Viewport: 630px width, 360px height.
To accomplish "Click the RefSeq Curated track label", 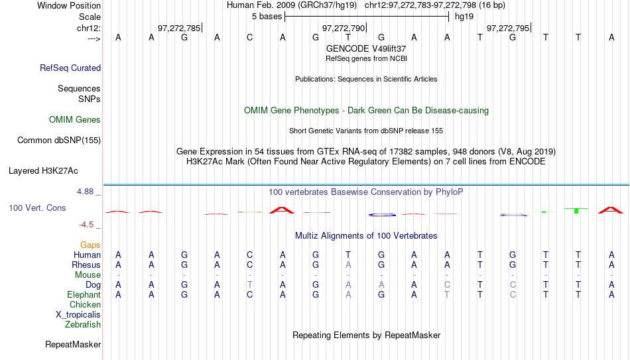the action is coord(70,68).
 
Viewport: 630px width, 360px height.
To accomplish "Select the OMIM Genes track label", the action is coord(75,120).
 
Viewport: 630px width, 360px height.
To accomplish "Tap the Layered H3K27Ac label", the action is coord(43,171).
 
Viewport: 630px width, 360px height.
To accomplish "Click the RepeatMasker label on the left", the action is coord(73,344).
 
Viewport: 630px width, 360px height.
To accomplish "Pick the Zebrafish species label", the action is coord(83,324).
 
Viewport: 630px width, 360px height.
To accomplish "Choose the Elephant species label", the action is coord(84,294).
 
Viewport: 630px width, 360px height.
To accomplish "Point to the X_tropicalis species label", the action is coord(78,315).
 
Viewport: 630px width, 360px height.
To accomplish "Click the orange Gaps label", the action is coord(90,245).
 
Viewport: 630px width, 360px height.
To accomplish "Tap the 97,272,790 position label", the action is coord(344,28).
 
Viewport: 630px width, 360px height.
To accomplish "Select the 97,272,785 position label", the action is coord(179,28).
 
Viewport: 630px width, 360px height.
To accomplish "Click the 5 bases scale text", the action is coord(267,17).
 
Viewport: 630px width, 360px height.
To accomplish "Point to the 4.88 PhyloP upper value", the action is coord(85,191).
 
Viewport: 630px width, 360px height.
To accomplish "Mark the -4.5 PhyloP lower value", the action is coord(86,224).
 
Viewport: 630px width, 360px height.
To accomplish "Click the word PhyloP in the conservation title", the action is coord(449,192).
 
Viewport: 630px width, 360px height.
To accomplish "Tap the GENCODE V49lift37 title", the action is coord(366,48).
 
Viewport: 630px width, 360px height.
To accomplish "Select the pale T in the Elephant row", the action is coord(447,294).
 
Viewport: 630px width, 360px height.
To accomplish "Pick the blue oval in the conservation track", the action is coord(382,215).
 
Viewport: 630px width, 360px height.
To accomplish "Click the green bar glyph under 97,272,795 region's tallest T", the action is coord(576,211).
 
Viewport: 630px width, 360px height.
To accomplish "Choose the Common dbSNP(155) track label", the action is coord(59,141).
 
